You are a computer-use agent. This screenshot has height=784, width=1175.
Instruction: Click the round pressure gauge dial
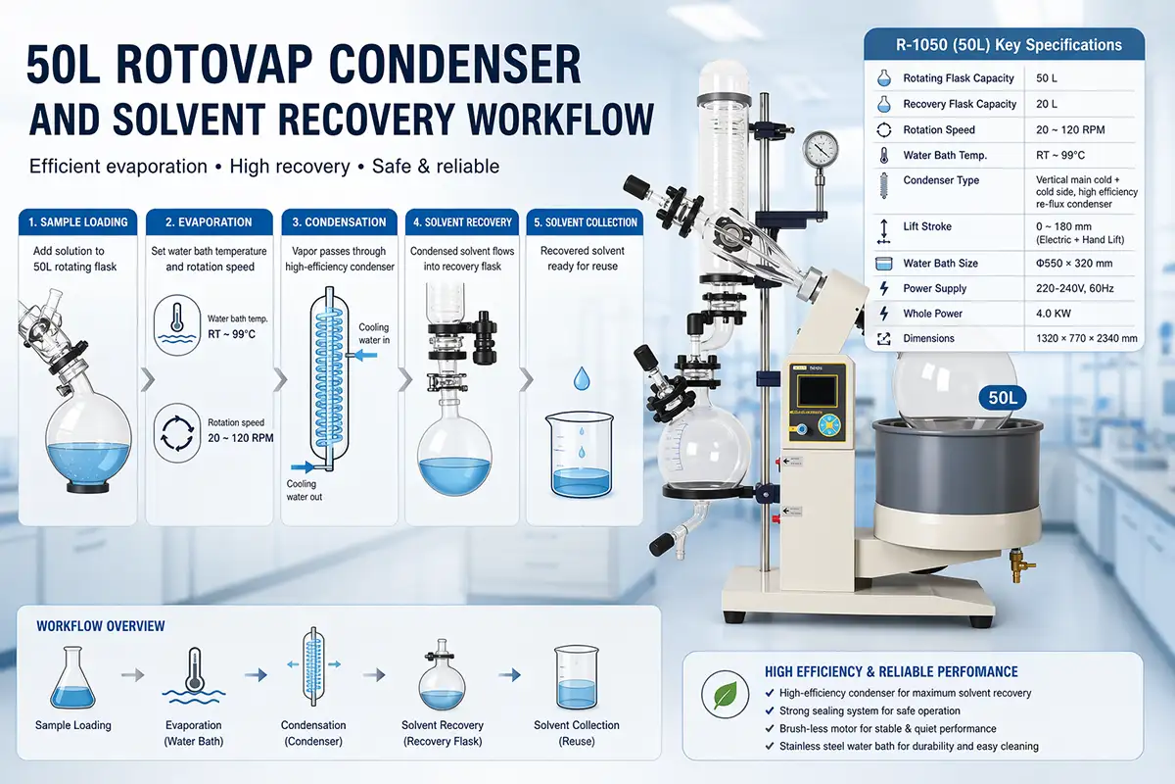(x=820, y=148)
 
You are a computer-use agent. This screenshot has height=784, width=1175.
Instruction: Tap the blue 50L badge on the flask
(x=1003, y=398)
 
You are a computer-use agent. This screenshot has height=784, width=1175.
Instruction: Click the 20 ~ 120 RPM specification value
(x=1070, y=129)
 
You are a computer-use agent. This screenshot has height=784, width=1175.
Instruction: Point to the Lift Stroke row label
(x=927, y=226)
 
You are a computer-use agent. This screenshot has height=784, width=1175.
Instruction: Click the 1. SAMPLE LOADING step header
(x=78, y=222)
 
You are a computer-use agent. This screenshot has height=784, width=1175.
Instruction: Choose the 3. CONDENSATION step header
(x=339, y=222)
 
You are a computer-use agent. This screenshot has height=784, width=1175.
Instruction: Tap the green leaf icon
(x=725, y=694)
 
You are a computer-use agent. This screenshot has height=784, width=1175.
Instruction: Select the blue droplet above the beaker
(x=582, y=378)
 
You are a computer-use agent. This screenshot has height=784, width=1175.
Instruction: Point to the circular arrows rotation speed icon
(x=177, y=433)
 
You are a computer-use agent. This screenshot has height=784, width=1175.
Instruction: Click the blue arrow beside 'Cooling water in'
(x=365, y=356)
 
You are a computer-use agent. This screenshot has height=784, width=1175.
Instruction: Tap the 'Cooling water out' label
(x=305, y=490)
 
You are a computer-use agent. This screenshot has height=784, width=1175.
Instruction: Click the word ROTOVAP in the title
(x=216, y=65)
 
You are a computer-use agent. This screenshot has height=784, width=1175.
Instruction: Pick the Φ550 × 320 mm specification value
(x=1074, y=263)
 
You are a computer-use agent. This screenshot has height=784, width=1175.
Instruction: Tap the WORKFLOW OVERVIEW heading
(x=101, y=626)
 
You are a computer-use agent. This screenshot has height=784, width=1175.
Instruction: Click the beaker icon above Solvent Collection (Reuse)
(x=577, y=677)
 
